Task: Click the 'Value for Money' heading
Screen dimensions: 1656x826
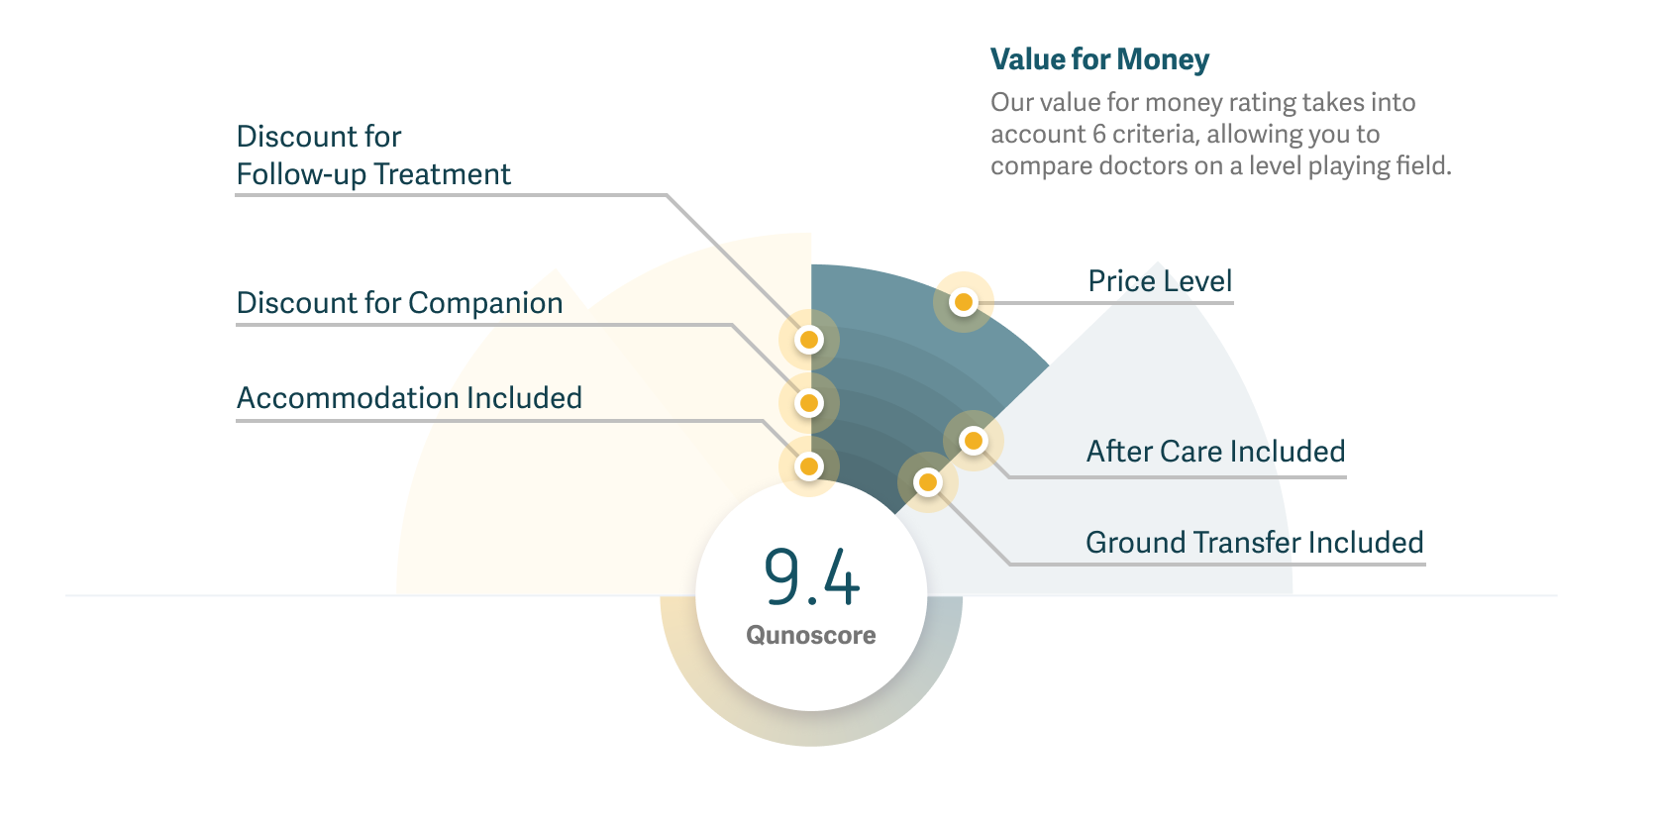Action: click(x=1099, y=59)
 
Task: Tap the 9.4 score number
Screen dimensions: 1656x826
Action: click(x=811, y=577)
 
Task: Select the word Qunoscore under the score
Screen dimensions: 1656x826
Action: click(x=811, y=635)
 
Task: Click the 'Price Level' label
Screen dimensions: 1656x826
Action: click(x=1160, y=281)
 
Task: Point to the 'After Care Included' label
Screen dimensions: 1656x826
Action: click(x=1215, y=451)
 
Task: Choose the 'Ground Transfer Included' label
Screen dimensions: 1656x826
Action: click(x=1255, y=542)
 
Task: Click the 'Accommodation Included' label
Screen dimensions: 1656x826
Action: click(x=409, y=398)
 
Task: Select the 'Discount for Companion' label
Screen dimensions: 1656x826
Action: click(x=399, y=303)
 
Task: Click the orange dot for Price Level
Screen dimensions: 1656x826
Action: click(x=964, y=302)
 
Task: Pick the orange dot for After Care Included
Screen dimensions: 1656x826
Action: click(x=974, y=441)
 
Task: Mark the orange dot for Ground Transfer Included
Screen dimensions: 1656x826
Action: click(x=928, y=483)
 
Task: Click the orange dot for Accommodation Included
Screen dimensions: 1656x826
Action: click(x=809, y=466)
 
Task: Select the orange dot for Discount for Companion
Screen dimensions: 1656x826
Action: click(x=809, y=403)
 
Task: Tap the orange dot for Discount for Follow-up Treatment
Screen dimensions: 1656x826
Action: click(x=809, y=340)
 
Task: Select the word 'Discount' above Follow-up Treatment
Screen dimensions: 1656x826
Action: click(x=296, y=137)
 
